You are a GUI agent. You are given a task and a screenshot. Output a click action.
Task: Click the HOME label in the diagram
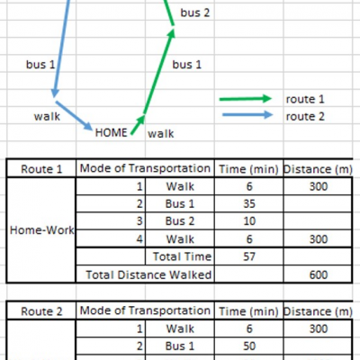111,132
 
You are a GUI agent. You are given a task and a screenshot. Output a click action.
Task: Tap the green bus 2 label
195,13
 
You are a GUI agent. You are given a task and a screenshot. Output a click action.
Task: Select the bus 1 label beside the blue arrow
40,64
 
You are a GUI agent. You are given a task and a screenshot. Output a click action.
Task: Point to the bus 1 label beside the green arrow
186,65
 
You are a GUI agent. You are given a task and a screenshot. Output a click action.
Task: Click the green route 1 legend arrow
246,99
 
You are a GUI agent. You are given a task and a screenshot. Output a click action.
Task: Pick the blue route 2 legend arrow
247,114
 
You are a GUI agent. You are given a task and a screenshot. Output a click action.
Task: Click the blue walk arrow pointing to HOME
74,116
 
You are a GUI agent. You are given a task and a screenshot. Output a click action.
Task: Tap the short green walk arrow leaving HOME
138,124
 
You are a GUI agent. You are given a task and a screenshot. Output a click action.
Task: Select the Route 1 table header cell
41,169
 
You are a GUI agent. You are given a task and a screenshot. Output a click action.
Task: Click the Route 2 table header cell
41,311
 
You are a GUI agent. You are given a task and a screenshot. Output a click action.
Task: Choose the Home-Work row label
41,230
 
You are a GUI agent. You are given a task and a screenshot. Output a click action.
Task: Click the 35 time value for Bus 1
249,203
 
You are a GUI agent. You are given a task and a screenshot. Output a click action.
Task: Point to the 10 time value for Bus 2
249,221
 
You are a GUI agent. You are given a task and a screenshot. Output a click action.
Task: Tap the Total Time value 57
249,256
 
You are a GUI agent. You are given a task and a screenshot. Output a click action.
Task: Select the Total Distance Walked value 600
319,274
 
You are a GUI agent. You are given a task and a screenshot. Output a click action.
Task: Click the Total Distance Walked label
148,274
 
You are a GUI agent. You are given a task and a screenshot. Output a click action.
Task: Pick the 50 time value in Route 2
249,346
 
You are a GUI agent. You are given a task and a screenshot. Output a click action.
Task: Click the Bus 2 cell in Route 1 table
180,221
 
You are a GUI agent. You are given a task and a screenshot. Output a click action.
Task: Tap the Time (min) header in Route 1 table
248,169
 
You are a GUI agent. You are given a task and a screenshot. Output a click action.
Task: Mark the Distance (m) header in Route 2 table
318,311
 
